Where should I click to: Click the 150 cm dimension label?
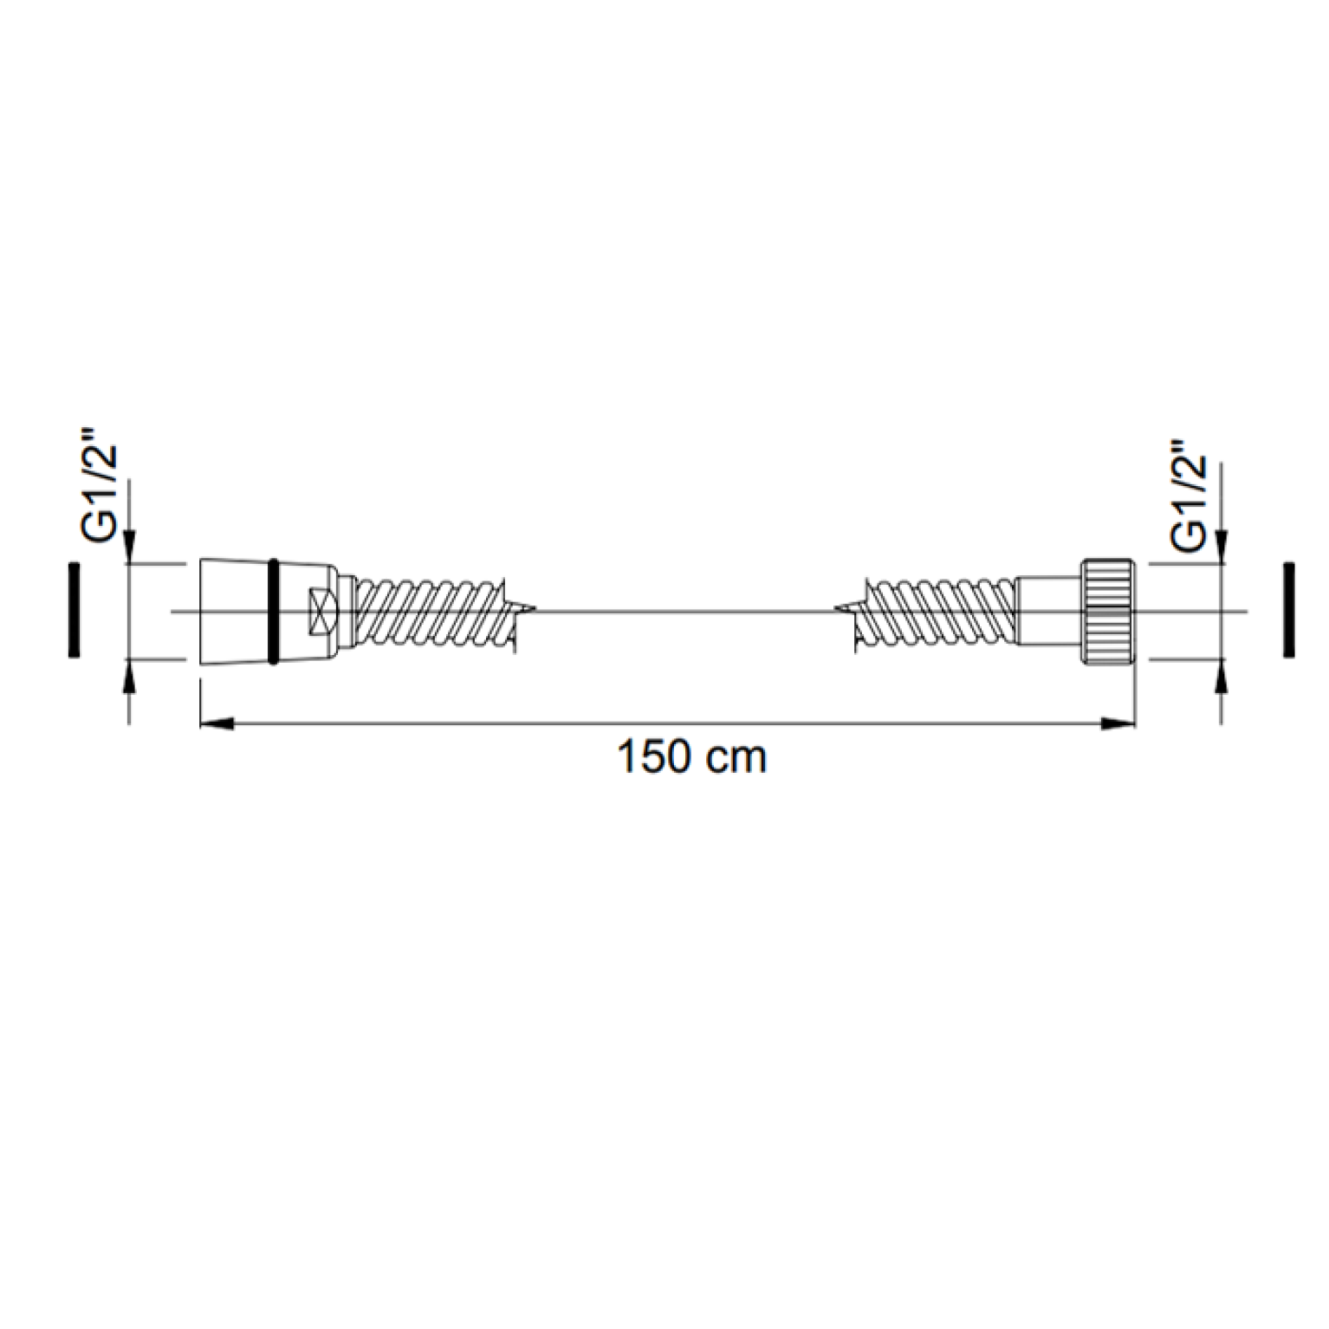coord(691,757)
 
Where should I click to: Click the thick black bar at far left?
coord(74,610)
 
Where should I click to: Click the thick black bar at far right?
coord(1289,610)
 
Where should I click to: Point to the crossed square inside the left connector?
coord(321,611)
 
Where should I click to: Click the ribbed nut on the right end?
coord(1108,611)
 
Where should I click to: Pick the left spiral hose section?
coord(433,612)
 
